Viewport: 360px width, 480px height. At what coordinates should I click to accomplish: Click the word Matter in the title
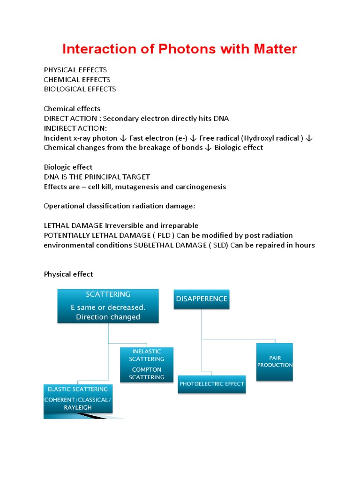(x=274, y=49)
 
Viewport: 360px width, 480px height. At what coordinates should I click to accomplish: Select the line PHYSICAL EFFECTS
(x=75, y=70)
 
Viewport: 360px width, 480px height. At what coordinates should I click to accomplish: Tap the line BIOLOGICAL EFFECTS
(x=80, y=89)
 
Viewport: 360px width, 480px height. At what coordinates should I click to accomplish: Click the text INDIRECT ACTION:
(x=75, y=128)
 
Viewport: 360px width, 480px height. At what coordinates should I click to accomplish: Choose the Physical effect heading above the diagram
(x=68, y=274)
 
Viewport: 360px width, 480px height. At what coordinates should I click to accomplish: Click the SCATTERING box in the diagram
(x=108, y=306)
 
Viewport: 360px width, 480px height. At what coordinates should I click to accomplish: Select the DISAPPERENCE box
(x=202, y=299)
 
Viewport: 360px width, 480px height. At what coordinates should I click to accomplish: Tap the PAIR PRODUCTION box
(x=275, y=361)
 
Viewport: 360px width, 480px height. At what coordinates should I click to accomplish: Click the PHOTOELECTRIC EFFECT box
(x=211, y=383)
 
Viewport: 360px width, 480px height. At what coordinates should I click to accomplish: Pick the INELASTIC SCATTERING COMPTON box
(x=147, y=364)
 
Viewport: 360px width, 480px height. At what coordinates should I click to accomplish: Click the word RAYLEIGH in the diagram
(x=75, y=408)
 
